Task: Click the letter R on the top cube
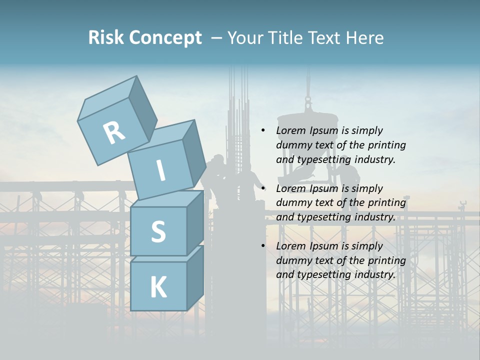click(x=114, y=133)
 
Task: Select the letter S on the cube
click(x=158, y=231)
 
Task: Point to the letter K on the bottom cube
click(x=158, y=287)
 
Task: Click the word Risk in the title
click(x=105, y=37)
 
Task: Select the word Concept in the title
click(x=165, y=38)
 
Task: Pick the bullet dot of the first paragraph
click(x=263, y=131)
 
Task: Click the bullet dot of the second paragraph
click(x=263, y=188)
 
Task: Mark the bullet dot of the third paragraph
click(x=263, y=246)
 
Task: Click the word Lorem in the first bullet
click(x=290, y=131)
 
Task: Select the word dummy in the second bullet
click(x=291, y=203)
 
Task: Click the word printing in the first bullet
click(x=387, y=145)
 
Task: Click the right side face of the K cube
click(x=195, y=277)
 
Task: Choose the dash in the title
click(x=217, y=38)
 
